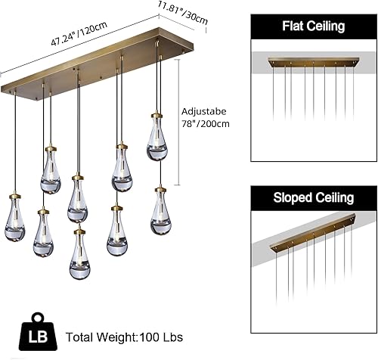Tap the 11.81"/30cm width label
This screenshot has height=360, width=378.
182,14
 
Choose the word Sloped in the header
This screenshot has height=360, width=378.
293,198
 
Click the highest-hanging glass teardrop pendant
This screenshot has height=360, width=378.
157,135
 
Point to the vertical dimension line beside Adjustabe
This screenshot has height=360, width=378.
178,132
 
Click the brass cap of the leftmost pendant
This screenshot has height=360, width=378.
15,199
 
